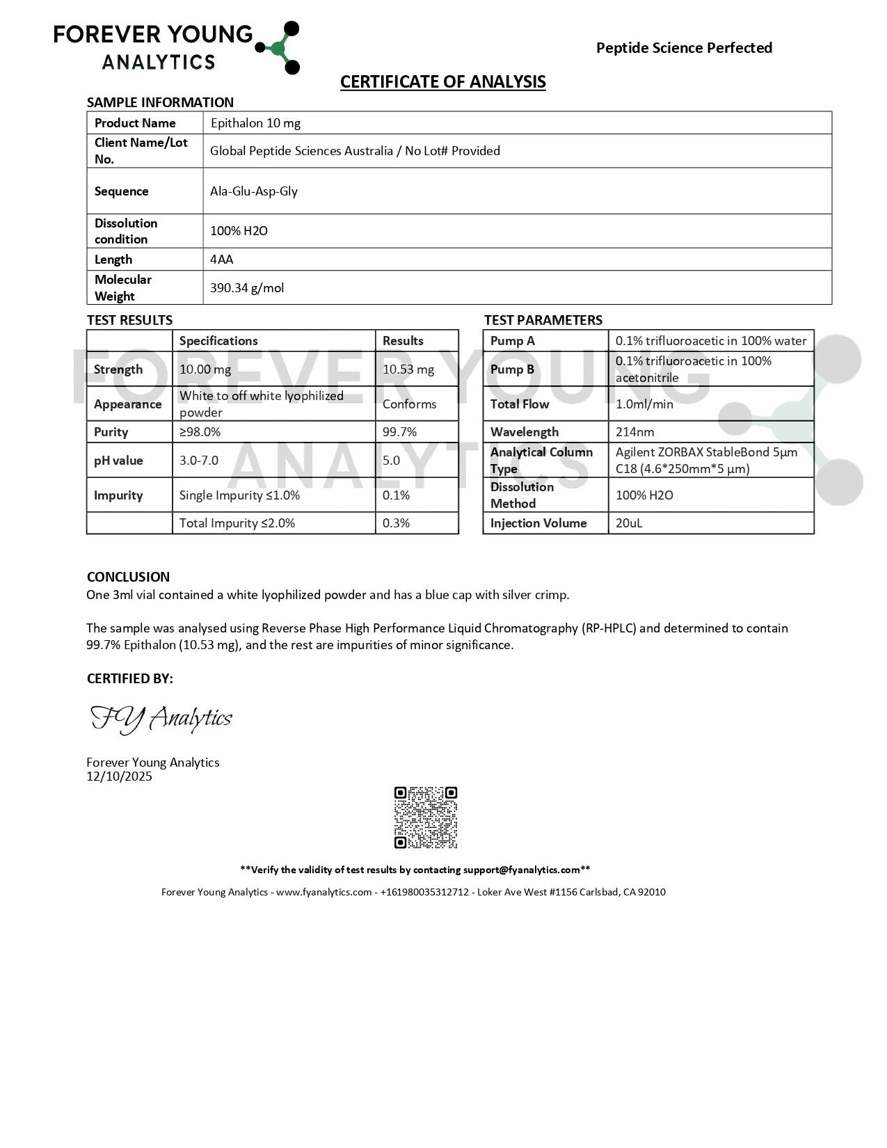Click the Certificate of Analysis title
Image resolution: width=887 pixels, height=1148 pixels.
tap(442, 82)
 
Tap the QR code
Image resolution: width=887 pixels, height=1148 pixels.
tap(426, 818)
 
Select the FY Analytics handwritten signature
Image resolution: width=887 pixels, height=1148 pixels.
tap(161, 719)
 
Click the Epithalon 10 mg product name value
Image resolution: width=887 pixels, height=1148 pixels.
tap(255, 123)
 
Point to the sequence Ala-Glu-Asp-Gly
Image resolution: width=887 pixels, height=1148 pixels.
tap(254, 191)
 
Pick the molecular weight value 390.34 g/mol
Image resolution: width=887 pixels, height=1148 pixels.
tap(247, 288)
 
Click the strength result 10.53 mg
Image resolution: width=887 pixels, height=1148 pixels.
tap(408, 369)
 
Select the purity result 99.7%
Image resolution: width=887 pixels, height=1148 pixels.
tap(399, 432)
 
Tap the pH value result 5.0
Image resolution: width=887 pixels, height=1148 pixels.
tap(391, 461)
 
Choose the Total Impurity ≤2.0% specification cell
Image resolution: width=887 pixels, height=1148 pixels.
tap(237, 523)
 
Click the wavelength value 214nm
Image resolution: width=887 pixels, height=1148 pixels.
tap(634, 432)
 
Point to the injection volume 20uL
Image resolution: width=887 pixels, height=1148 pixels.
tap(629, 523)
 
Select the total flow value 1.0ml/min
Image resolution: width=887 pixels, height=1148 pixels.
tap(644, 404)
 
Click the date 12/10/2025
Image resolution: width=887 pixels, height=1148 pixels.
tap(119, 776)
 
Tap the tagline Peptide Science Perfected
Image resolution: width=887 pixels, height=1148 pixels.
tap(684, 48)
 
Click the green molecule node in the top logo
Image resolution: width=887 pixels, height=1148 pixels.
tap(278, 48)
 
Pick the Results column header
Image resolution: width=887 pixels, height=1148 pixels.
tap(403, 341)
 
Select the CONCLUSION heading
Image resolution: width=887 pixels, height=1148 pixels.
tap(128, 577)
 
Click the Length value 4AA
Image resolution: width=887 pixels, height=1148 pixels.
tap(222, 260)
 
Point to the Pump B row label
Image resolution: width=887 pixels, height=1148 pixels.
tap(512, 369)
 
